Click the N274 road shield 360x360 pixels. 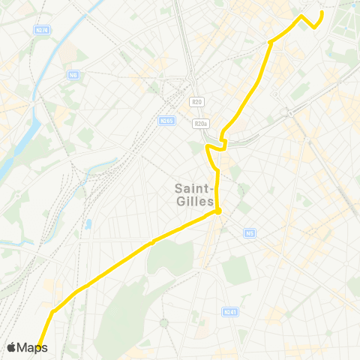pos(42,30)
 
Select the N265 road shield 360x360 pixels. pos(166,120)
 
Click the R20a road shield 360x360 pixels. pos(199,124)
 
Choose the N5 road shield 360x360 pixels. pos(250,233)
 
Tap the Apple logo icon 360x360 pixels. pos(12,347)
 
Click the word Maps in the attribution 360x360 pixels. pos(32,347)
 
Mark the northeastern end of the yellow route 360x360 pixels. pos(322,13)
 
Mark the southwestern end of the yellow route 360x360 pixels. pos(37,346)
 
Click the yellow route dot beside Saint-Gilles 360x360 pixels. pos(217,211)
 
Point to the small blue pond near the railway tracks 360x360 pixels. pos(88,223)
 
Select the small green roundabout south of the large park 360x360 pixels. pos(163,322)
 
